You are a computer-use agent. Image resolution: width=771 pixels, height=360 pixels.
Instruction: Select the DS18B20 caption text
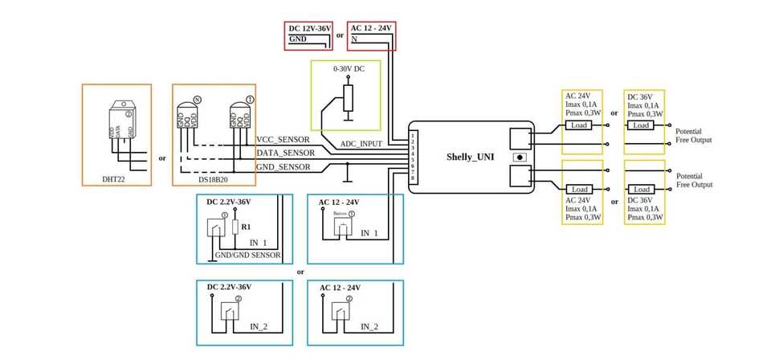click(x=214, y=179)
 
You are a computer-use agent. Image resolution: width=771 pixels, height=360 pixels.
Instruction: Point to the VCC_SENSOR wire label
click(x=283, y=139)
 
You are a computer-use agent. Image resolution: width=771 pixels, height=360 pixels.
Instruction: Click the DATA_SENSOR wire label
click(x=285, y=153)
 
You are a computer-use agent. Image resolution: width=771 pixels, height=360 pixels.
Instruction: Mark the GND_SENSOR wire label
click(x=284, y=166)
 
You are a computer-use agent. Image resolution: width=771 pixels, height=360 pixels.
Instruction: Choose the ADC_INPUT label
click(x=361, y=144)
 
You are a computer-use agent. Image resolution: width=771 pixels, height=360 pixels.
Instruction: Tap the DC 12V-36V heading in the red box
click(x=310, y=28)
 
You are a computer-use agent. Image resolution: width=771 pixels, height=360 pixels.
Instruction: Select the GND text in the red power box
click(x=297, y=39)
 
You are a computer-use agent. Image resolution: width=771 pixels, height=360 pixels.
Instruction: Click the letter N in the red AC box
click(x=354, y=39)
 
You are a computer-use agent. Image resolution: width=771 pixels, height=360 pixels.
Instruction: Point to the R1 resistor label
click(x=246, y=227)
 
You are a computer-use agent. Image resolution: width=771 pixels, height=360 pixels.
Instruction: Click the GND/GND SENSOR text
click(x=247, y=255)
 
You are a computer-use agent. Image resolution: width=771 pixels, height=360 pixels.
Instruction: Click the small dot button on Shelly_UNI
click(x=521, y=157)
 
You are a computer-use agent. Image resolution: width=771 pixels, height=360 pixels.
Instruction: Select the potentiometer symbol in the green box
click(x=347, y=98)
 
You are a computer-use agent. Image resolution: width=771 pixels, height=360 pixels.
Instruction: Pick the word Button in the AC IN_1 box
click(x=340, y=214)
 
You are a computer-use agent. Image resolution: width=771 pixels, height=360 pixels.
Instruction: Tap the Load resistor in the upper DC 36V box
click(x=641, y=125)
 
